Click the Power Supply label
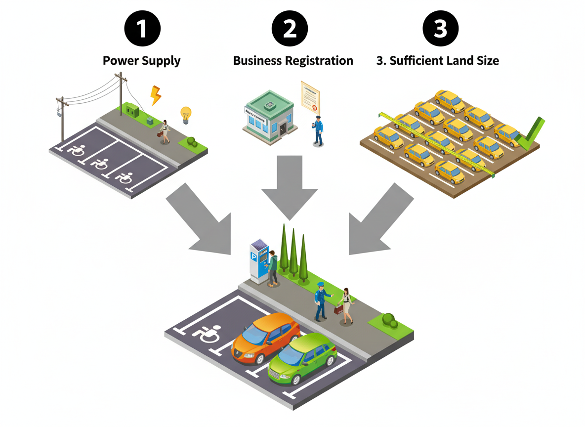coord(141,61)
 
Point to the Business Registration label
coord(293,61)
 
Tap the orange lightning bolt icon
coord(156,95)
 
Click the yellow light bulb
coord(186,114)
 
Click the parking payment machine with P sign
coord(259,261)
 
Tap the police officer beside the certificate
coord(318,131)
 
